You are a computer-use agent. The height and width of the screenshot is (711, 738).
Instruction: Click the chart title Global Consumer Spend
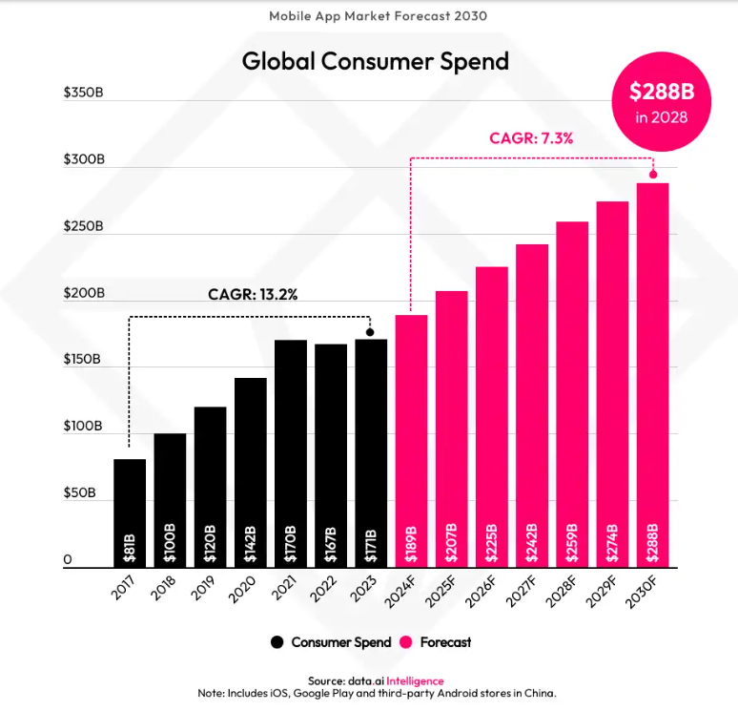pyautogui.click(x=375, y=61)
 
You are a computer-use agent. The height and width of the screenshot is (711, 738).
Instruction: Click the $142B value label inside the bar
pyautogui.click(x=251, y=542)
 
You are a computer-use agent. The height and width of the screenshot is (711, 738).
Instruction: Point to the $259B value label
pyautogui.click(x=572, y=542)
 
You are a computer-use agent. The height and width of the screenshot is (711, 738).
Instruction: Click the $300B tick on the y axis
pyautogui.click(x=83, y=159)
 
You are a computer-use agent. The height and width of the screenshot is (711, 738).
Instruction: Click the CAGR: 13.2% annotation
pyautogui.click(x=253, y=294)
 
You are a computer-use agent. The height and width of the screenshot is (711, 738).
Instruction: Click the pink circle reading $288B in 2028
pyautogui.click(x=661, y=101)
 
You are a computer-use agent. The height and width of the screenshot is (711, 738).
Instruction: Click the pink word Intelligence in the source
pyautogui.click(x=413, y=680)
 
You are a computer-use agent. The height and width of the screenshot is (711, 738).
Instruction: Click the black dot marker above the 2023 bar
pyautogui.click(x=370, y=332)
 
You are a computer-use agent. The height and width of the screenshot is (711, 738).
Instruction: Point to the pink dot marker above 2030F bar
pyautogui.click(x=653, y=174)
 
